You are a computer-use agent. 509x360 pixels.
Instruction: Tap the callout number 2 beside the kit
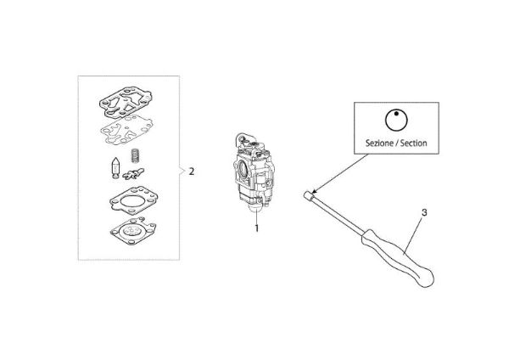click(x=192, y=171)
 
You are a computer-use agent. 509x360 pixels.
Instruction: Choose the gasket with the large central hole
click(x=127, y=200)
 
